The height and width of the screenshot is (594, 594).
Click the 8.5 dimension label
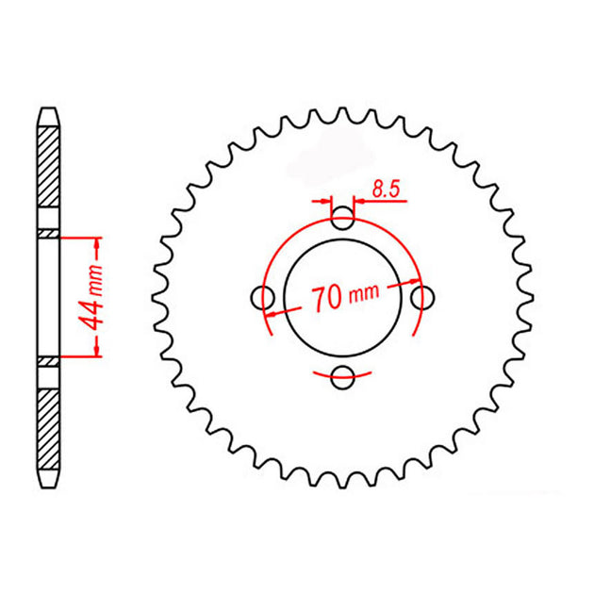click(x=386, y=189)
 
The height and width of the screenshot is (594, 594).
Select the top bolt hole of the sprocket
click(x=342, y=219)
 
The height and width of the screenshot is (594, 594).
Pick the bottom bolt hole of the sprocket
click(x=342, y=377)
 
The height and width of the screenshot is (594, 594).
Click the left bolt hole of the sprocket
click(x=262, y=298)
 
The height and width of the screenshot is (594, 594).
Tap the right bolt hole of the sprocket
click(x=422, y=298)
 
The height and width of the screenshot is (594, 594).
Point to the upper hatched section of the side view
click(x=48, y=167)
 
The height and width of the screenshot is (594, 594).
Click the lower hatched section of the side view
click(x=48, y=429)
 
